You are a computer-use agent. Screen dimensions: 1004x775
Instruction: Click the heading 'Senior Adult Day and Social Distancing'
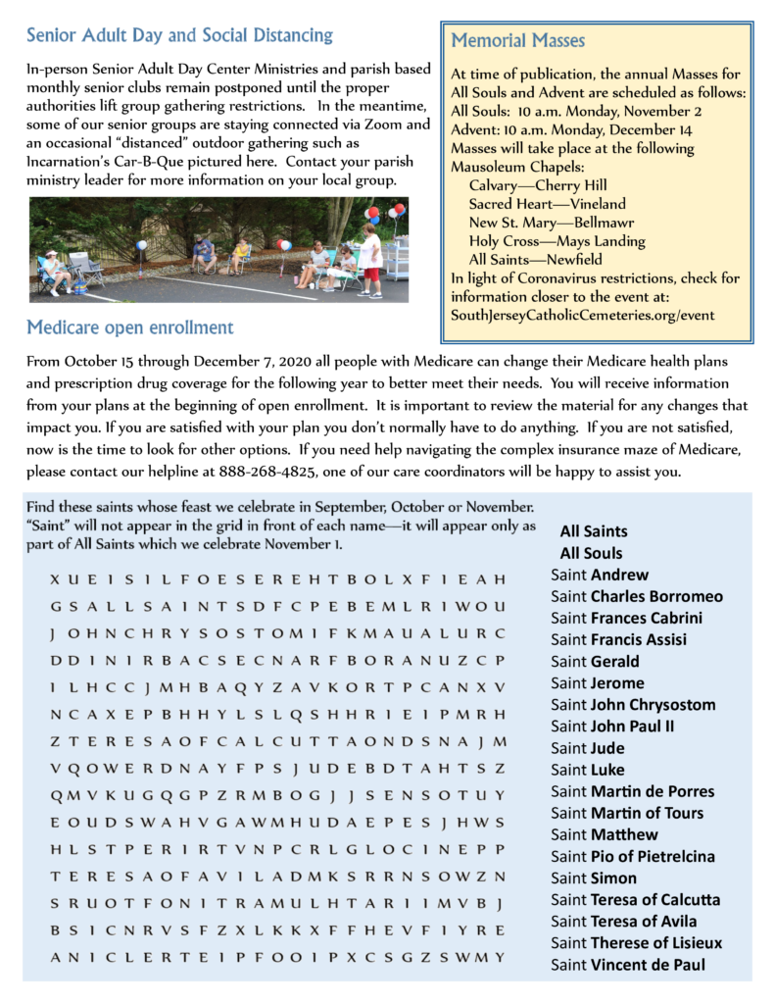179,36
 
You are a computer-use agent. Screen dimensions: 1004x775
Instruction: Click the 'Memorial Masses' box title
517,41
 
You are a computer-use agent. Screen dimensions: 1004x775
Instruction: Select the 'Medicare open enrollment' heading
130,326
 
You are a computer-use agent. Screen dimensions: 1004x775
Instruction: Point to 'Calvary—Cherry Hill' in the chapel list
538,185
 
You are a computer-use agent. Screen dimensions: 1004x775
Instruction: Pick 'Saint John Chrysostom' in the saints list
633,704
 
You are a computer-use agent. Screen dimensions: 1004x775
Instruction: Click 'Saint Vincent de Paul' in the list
628,964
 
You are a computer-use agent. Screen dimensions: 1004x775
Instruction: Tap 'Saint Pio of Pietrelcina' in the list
632,856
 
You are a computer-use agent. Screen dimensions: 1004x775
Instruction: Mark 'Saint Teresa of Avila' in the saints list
624,921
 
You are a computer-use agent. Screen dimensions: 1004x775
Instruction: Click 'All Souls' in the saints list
591,553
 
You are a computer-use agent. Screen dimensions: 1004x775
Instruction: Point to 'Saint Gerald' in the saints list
595,661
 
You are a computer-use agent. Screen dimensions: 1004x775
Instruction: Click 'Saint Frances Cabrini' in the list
626,618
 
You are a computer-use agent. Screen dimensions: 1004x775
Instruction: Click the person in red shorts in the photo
371,259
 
